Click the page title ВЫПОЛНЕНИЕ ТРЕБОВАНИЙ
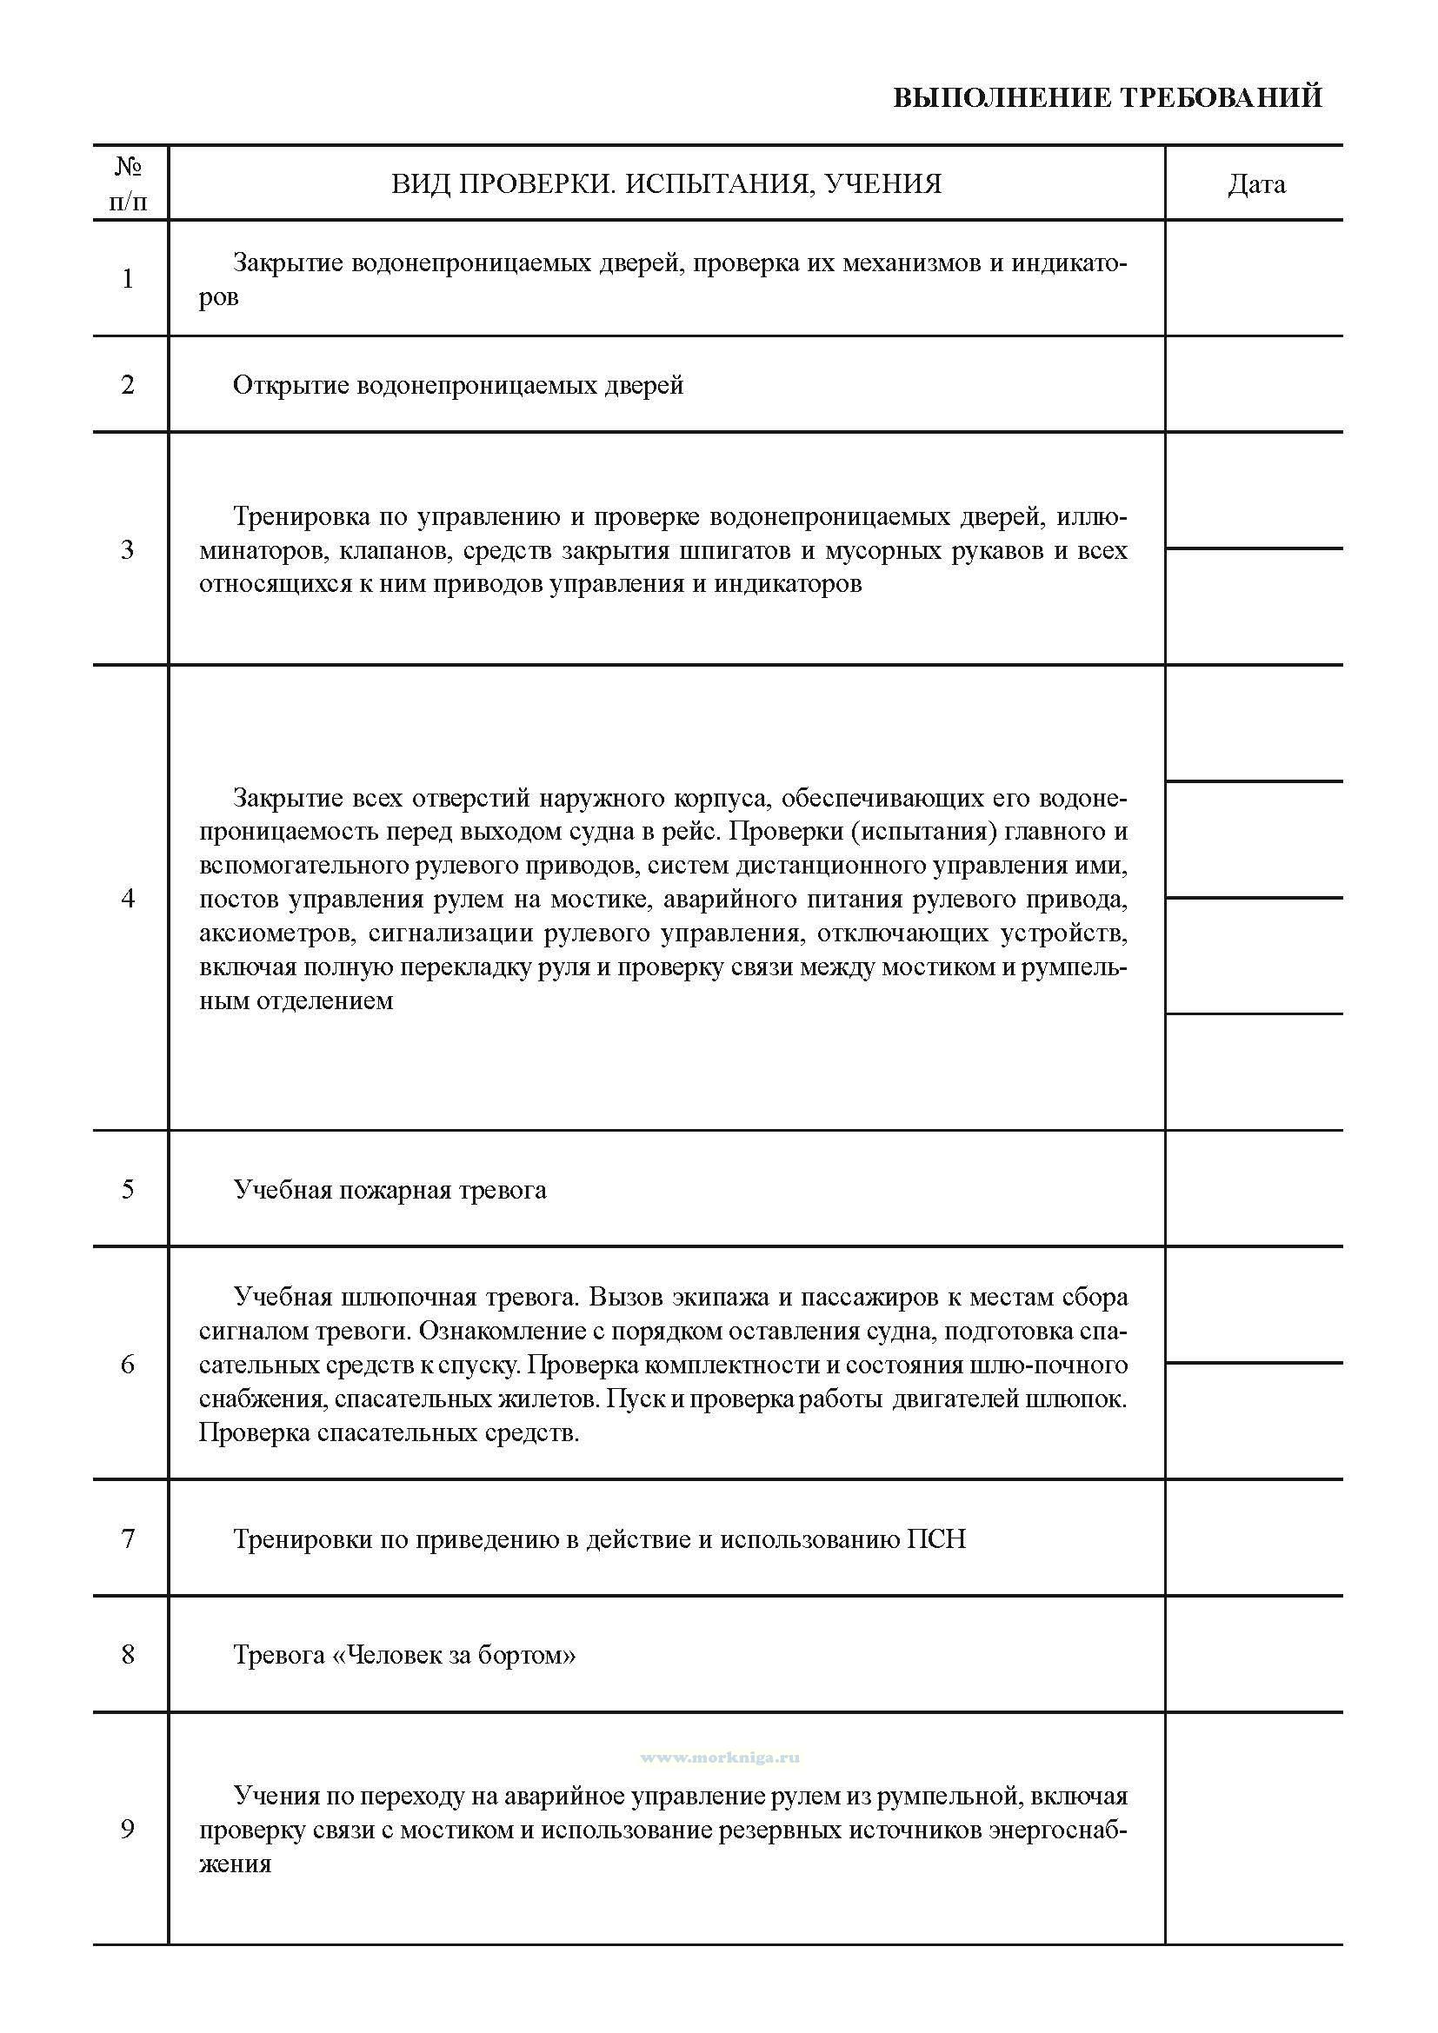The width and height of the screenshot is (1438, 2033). click(x=1107, y=97)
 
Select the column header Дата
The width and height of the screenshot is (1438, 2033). click(x=1255, y=184)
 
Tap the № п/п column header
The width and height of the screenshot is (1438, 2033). click(x=130, y=184)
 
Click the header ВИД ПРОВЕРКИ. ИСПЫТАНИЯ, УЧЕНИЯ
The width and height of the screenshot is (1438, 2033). click(x=666, y=184)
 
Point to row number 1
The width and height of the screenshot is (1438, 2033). click(x=129, y=279)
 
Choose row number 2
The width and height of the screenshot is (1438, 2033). click(x=129, y=385)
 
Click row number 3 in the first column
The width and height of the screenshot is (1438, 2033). click(x=129, y=550)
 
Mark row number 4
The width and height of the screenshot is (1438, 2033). click(x=129, y=899)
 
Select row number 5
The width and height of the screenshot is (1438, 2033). click(x=129, y=1189)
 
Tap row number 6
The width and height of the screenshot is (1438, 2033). click(x=129, y=1365)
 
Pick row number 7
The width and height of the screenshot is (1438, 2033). click(x=129, y=1539)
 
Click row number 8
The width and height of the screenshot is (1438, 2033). click(x=129, y=1654)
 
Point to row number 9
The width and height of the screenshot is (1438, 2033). click(x=129, y=1830)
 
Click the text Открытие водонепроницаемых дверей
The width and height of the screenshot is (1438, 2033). click(x=458, y=386)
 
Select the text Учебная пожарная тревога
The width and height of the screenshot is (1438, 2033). click(x=389, y=1190)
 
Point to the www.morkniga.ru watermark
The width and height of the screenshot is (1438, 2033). click(x=719, y=1757)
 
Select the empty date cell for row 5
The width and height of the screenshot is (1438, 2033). click(x=1254, y=1189)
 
